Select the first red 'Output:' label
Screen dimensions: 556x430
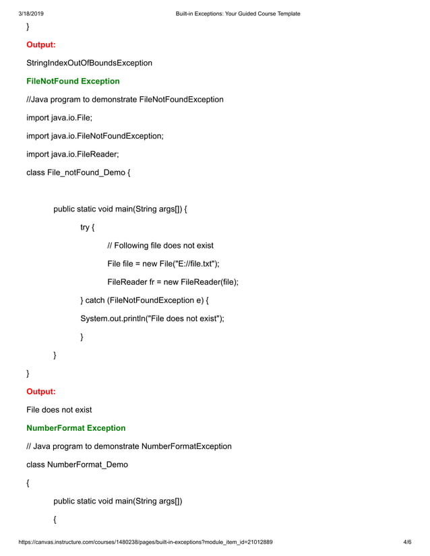coord(40,45)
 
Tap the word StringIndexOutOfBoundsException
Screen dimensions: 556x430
coord(89,63)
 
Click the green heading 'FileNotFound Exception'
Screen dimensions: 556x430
coord(73,81)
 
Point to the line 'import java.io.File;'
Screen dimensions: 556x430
coord(59,118)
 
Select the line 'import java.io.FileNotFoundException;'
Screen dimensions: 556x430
coord(94,136)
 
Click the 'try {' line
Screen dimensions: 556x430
coord(87,228)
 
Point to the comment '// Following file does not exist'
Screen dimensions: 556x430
coord(160,246)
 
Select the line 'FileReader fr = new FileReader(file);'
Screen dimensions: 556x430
coord(173,282)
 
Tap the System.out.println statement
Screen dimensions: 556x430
coord(152,318)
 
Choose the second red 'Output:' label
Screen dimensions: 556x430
coord(40,391)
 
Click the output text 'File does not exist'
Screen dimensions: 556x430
coord(59,409)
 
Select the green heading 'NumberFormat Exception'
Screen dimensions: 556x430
coord(75,428)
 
